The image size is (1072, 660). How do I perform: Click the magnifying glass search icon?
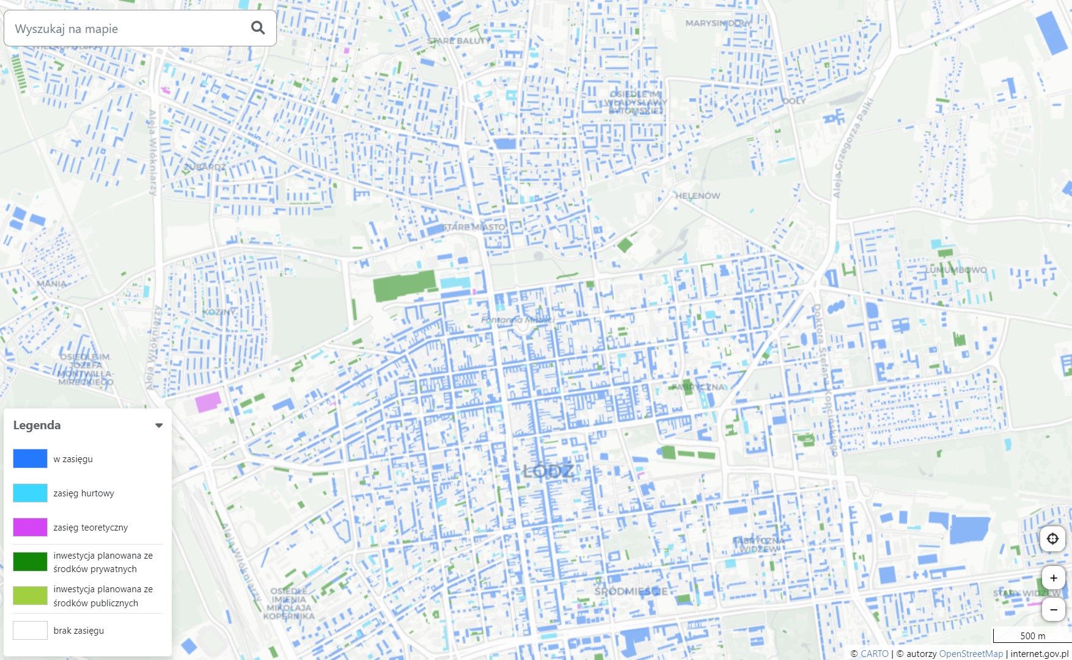pyautogui.click(x=258, y=27)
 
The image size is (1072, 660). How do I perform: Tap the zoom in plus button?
pyautogui.click(x=1053, y=578)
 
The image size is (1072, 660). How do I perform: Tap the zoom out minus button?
pyautogui.click(x=1053, y=609)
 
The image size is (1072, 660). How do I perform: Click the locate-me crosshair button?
pyautogui.click(x=1052, y=539)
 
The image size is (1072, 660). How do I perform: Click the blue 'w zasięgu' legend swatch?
pyautogui.click(x=30, y=459)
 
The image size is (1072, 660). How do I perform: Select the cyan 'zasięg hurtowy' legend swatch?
pyautogui.click(x=30, y=493)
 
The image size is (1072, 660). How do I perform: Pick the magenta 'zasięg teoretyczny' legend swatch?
pyautogui.click(x=30, y=527)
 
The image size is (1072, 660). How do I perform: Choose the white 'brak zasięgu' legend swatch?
pyautogui.click(x=30, y=630)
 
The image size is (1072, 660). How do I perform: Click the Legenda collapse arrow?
pyautogui.click(x=159, y=426)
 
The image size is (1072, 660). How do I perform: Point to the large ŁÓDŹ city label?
pyautogui.click(x=548, y=471)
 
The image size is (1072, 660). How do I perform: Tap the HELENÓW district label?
pyautogui.click(x=697, y=196)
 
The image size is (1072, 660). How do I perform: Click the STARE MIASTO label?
pyautogui.click(x=474, y=227)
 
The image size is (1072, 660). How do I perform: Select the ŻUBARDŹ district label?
pyautogui.click(x=205, y=167)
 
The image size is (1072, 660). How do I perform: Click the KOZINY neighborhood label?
pyautogui.click(x=219, y=312)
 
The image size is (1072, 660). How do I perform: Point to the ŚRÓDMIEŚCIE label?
pyautogui.click(x=631, y=591)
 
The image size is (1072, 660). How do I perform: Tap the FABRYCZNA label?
pyautogui.click(x=698, y=387)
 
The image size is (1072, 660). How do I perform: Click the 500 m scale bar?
pyautogui.click(x=1032, y=636)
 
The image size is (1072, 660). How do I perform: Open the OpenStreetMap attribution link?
pyautogui.click(x=971, y=653)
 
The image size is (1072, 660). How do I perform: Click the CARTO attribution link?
pyautogui.click(x=874, y=653)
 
